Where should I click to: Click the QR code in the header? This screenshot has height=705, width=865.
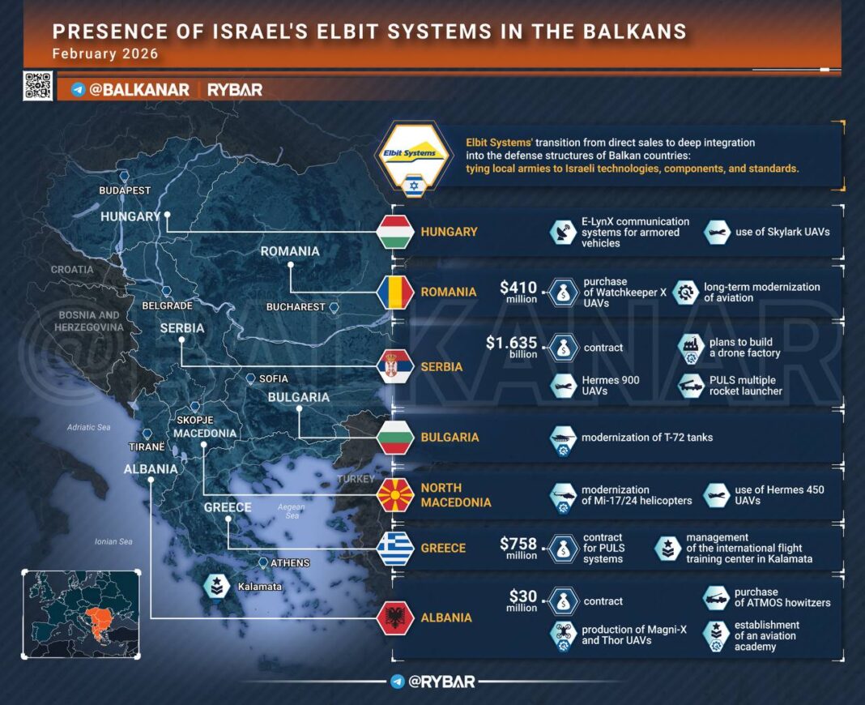pos(37,86)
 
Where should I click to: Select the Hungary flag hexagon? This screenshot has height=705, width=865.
pos(396,232)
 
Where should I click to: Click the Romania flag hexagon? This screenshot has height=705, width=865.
pos(396,292)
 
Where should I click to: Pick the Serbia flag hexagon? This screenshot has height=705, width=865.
pos(396,367)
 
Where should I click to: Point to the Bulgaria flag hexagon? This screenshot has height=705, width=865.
pos(396,438)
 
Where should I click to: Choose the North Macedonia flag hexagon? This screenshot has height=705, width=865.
pos(396,494)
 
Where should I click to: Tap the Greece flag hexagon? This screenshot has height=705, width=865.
pos(396,549)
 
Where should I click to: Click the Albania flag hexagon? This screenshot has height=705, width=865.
pos(396,617)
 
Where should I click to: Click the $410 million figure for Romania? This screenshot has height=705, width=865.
pos(518,291)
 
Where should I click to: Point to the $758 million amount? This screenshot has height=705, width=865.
pos(518,547)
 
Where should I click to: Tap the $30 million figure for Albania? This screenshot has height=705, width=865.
pos(522,600)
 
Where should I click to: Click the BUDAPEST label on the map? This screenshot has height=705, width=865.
pos(125,190)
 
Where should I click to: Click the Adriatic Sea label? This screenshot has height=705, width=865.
pos(89,427)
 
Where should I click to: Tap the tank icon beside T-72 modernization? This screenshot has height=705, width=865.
pos(563,438)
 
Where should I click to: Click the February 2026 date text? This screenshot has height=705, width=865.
pos(105,54)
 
